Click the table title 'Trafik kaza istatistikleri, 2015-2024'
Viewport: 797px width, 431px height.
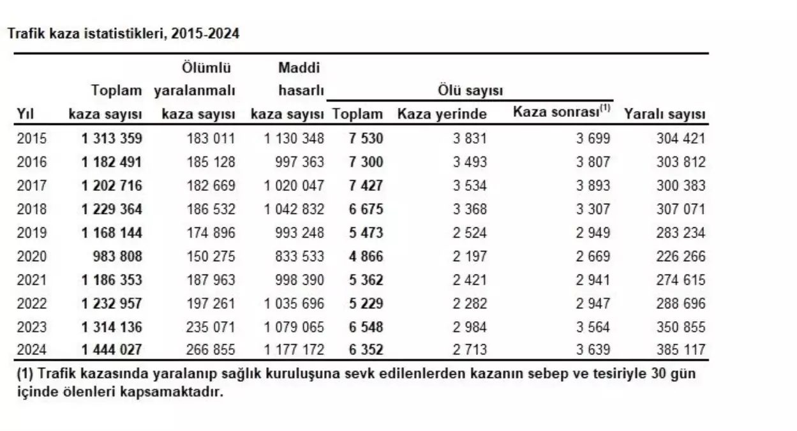point(123,34)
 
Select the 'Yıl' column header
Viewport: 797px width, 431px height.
point(25,114)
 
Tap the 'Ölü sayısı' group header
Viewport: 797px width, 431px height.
point(470,91)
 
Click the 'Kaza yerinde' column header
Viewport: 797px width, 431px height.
point(442,114)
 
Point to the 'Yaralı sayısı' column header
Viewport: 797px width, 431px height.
point(664,114)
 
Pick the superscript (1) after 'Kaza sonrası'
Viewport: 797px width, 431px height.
point(603,109)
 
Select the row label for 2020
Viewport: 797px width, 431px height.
point(32,256)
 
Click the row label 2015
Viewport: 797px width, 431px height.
point(32,138)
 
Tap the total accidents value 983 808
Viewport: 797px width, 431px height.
point(117,256)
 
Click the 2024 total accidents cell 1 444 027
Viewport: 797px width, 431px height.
point(112,350)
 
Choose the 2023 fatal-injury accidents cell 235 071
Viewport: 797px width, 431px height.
point(211,327)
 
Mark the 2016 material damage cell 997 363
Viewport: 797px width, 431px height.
point(295,162)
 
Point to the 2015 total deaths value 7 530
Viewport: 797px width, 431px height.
point(366,138)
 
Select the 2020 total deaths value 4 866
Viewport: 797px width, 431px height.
point(366,256)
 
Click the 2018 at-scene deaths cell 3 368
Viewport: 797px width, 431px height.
point(470,209)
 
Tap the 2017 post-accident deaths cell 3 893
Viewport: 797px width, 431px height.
point(593,186)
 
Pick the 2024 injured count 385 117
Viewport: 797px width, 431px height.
point(681,350)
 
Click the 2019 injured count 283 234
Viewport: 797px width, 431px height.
point(681,232)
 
